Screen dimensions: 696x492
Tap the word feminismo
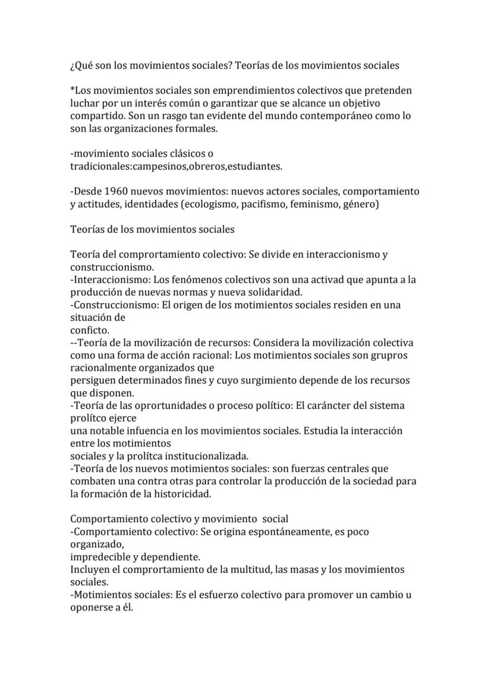316,204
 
